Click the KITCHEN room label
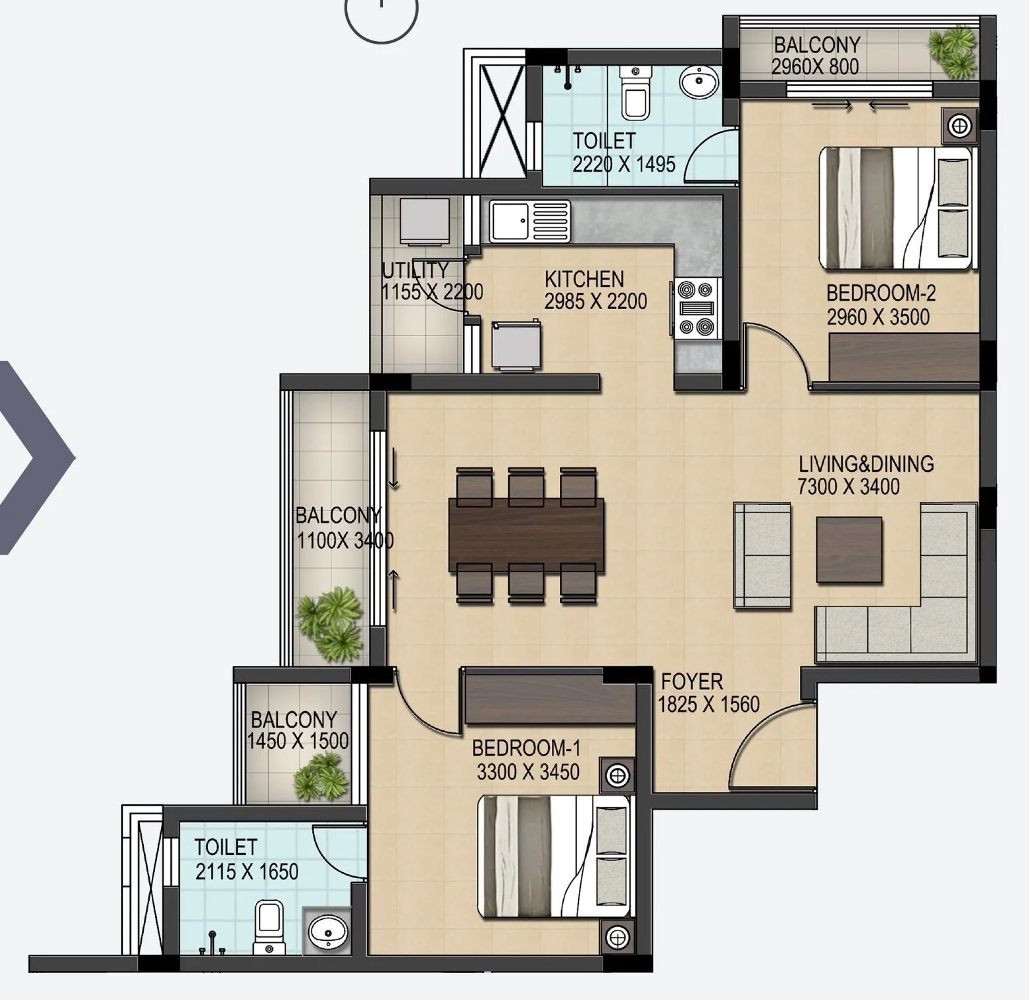pos(584,279)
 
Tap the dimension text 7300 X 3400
pos(848,487)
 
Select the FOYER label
pos(692,681)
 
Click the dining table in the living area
pos(526,535)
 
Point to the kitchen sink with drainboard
pos(529,221)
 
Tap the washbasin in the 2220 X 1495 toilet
pos(698,83)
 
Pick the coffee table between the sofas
pos(849,549)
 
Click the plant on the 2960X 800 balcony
pos(953,51)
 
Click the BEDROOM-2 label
pos(881,293)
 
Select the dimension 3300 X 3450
pos(527,772)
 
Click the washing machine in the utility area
pos(425,221)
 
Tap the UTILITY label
pos(415,270)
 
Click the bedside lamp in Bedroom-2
pos(959,125)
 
